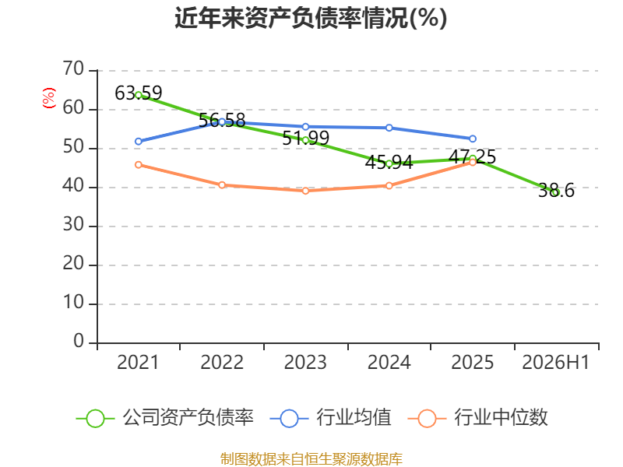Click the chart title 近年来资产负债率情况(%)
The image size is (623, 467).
pyautogui.click(x=311, y=18)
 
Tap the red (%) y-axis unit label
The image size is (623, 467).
pyautogui.click(x=49, y=98)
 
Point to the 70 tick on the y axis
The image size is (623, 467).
pyautogui.click(x=73, y=68)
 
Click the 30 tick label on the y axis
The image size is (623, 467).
pyautogui.click(x=73, y=225)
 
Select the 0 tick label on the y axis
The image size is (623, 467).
pyautogui.click(x=79, y=342)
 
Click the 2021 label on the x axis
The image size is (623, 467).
pyautogui.click(x=138, y=362)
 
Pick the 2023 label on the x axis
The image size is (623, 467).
pyautogui.click(x=305, y=362)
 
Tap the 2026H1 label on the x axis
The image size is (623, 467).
pyautogui.click(x=555, y=362)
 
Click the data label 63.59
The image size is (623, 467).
pyautogui.click(x=139, y=93)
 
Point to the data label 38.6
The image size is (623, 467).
pyautogui.click(x=556, y=191)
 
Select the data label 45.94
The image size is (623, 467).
pyautogui.click(x=389, y=163)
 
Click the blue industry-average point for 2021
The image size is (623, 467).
pyautogui.click(x=139, y=142)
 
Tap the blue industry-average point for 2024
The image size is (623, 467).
pyautogui.click(x=389, y=128)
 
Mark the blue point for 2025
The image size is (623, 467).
pyautogui.click(x=473, y=139)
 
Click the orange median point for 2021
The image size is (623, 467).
pyautogui.click(x=139, y=165)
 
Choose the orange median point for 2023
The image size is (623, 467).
pyautogui.click(x=305, y=191)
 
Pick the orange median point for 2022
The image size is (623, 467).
pyautogui.click(x=222, y=185)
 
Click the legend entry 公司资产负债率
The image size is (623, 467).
pyautogui.click(x=164, y=418)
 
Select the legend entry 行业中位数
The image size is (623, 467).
pyautogui.click(x=477, y=418)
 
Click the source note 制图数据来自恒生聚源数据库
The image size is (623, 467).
pyautogui.click(x=311, y=459)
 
